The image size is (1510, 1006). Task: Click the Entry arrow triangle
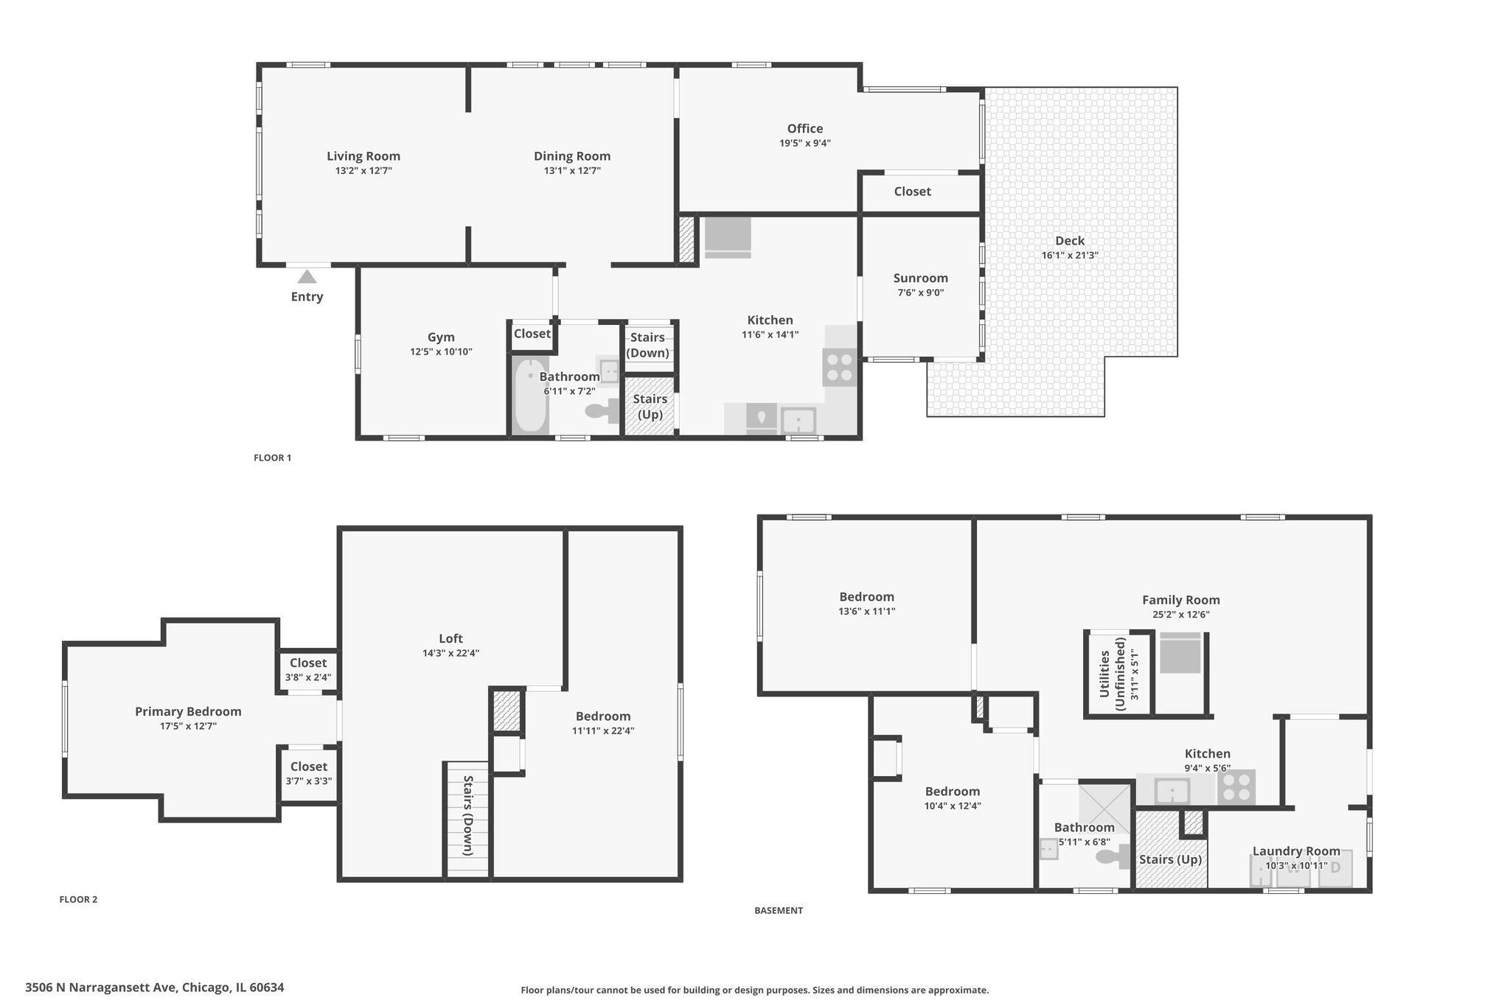coord(307,277)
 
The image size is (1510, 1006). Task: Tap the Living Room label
coord(363,156)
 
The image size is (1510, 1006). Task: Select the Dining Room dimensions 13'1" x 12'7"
coord(572,171)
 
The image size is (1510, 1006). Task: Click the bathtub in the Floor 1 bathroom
coord(529,396)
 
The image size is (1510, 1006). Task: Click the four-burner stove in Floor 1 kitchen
coord(840,367)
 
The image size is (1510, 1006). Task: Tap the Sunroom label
coord(921,278)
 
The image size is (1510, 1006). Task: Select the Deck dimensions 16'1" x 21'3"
coord(1070,256)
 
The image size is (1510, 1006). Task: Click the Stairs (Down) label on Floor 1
coord(648,345)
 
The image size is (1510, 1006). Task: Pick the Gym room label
coord(441,338)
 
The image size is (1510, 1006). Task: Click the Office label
coord(805,128)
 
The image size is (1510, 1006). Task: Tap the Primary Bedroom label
coord(188,712)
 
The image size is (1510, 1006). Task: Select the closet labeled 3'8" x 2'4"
coord(308,670)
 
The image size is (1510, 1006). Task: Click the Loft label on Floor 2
coord(451,639)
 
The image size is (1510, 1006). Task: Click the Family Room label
coord(1181,600)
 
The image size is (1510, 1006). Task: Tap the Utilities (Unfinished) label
coord(1113,674)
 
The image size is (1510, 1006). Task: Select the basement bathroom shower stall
coord(1104,808)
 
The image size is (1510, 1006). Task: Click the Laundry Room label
coord(1296,852)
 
